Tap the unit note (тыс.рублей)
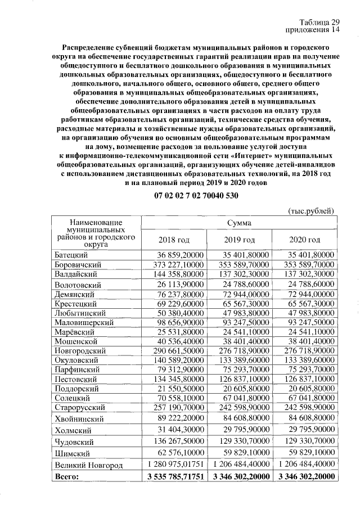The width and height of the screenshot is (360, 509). coord(311,211)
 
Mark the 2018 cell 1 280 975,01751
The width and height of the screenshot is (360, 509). coord(175,465)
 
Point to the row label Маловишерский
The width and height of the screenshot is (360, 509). coord(84,322)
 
